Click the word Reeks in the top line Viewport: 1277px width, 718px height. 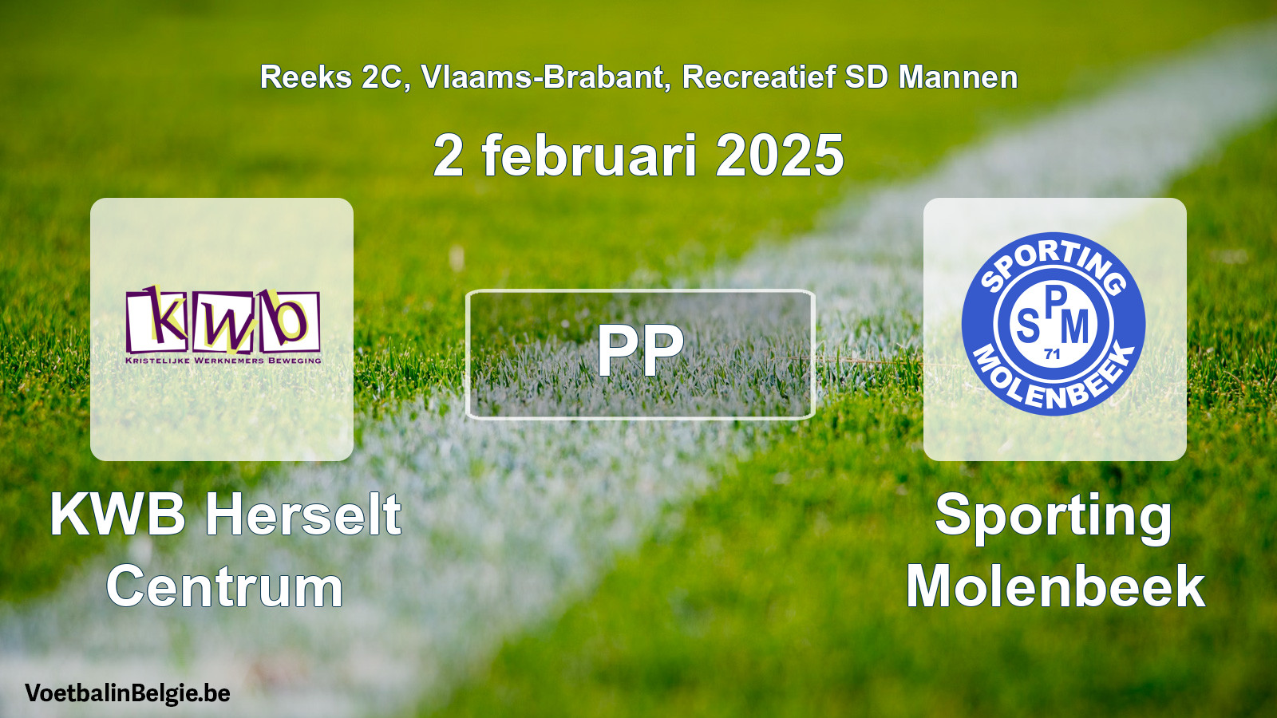pyautogui.click(x=306, y=77)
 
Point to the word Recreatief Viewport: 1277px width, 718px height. pyautogui.click(x=758, y=77)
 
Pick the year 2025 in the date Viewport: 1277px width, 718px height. pyautogui.click(x=779, y=156)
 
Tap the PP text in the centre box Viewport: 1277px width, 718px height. pyautogui.click(x=640, y=351)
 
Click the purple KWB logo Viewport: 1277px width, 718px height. pyautogui.click(x=223, y=324)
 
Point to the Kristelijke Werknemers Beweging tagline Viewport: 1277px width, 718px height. pyautogui.click(x=223, y=360)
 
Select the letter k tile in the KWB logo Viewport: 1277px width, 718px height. pyautogui.click(x=157, y=321)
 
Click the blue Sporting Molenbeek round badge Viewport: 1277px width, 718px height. pyautogui.click(x=1054, y=324)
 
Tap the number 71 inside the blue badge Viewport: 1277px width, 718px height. pyautogui.click(x=1053, y=354)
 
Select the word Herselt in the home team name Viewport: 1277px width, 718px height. pyautogui.click(x=303, y=515)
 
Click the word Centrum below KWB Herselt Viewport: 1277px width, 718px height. pyautogui.click(x=225, y=586)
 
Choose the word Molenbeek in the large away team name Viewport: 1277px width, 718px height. pyautogui.click(x=1055, y=586)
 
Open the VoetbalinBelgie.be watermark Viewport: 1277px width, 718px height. pyautogui.click(x=127, y=693)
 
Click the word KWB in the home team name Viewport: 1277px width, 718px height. pyautogui.click(x=118, y=515)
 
